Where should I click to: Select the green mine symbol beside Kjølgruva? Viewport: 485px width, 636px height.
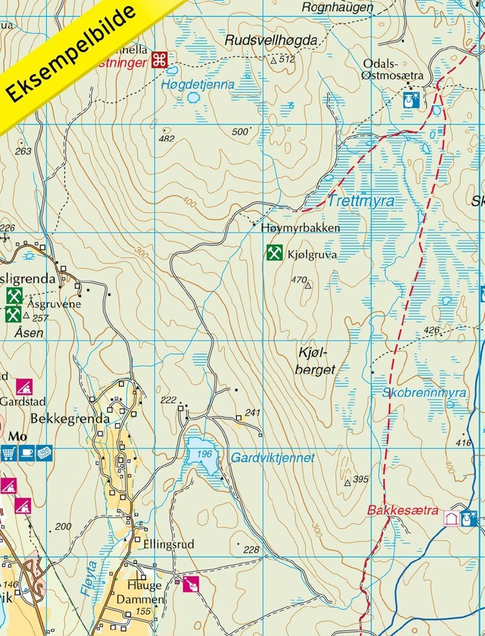click(274, 253)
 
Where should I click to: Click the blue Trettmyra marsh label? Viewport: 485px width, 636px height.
click(361, 201)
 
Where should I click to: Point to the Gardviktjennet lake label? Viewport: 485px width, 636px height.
click(273, 458)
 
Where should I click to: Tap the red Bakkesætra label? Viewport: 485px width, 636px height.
click(402, 511)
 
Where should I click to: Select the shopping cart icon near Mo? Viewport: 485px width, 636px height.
click(9, 452)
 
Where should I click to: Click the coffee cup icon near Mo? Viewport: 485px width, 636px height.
click(26, 452)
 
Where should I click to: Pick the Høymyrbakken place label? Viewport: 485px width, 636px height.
click(300, 228)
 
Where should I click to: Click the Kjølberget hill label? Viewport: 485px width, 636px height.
click(316, 361)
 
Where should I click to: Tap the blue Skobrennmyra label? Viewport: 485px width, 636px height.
click(424, 393)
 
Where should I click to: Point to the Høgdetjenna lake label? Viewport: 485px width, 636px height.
click(198, 85)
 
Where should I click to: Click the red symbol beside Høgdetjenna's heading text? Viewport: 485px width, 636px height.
click(159, 59)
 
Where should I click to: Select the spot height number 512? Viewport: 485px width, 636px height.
click(287, 59)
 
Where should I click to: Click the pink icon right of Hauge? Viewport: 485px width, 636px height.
click(191, 584)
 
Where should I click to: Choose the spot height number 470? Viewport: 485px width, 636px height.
click(299, 280)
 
